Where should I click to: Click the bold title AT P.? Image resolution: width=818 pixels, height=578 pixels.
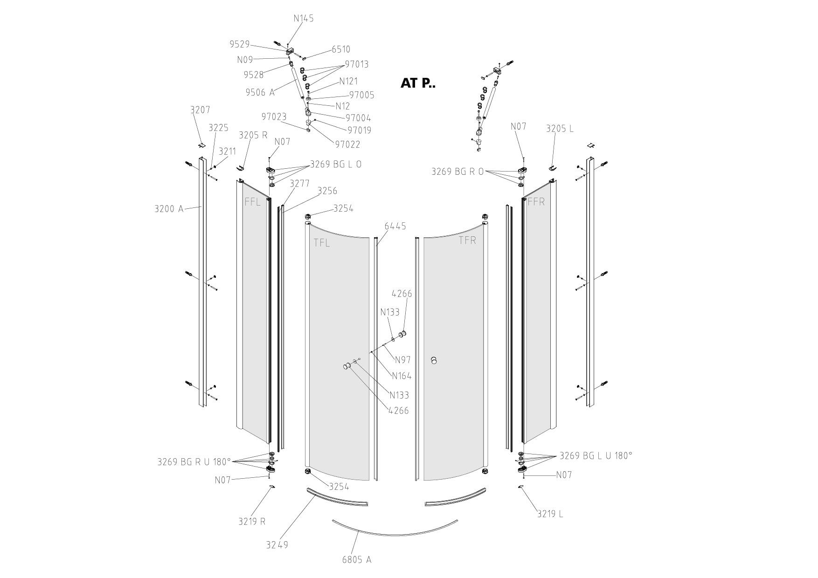pos(417,83)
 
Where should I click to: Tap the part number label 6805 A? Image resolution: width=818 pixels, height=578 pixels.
pos(357,559)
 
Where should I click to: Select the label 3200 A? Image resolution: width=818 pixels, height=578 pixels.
pos(169,208)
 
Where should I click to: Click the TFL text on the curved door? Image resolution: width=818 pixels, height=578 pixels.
pos(321,243)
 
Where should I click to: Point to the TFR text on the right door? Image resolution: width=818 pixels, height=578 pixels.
pos(467,241)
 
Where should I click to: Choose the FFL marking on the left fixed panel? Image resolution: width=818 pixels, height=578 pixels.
pos(253,202)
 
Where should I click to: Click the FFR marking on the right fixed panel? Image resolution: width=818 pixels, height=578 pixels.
pos(536,202)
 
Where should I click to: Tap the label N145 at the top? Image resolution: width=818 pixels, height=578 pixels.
pos(304,18)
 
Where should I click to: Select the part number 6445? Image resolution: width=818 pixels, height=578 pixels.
pos(395,226)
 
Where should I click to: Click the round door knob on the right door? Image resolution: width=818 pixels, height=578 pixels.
pos(435,360)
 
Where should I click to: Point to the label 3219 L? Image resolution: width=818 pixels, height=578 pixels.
pos(550,514)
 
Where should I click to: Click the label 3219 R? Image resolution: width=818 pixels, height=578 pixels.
pos(252,521)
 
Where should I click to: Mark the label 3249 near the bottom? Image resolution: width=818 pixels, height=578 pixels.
pos(277,544)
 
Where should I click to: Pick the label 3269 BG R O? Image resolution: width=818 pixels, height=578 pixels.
pos(458,172)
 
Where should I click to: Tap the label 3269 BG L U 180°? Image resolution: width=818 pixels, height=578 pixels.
pos(596,455)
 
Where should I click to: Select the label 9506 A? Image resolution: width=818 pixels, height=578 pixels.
pos(260,92)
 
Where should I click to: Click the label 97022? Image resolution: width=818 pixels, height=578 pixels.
pos(347,144)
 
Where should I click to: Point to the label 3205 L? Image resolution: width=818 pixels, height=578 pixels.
pos(560,129)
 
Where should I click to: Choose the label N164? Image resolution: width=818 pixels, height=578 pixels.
pos(402,376)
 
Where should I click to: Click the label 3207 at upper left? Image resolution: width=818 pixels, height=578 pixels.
pos(200,110)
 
